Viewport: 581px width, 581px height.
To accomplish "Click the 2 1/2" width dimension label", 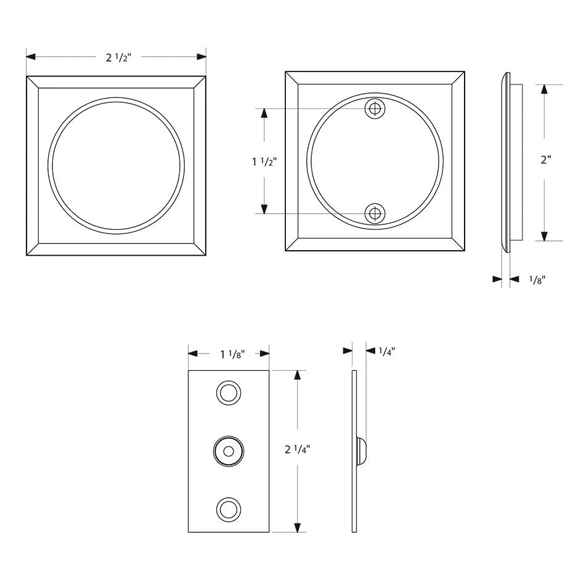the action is click(118, 57).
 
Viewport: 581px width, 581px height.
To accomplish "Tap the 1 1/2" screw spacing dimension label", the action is click(264, 162).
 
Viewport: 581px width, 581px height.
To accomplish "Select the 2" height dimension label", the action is click(546, 160).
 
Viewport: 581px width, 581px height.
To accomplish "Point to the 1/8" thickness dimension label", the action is click(537, 280).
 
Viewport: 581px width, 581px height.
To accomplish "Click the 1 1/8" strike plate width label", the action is click(233, 355).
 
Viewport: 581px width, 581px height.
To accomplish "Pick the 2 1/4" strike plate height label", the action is click(297, 450).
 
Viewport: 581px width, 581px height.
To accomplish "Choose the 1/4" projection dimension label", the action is click(387, 351).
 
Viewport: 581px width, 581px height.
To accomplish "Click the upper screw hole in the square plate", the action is click(375, 109).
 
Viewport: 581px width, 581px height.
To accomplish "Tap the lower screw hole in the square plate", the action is click(375, 214).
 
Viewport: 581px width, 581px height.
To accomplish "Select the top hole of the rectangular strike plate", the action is click(229, 392).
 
